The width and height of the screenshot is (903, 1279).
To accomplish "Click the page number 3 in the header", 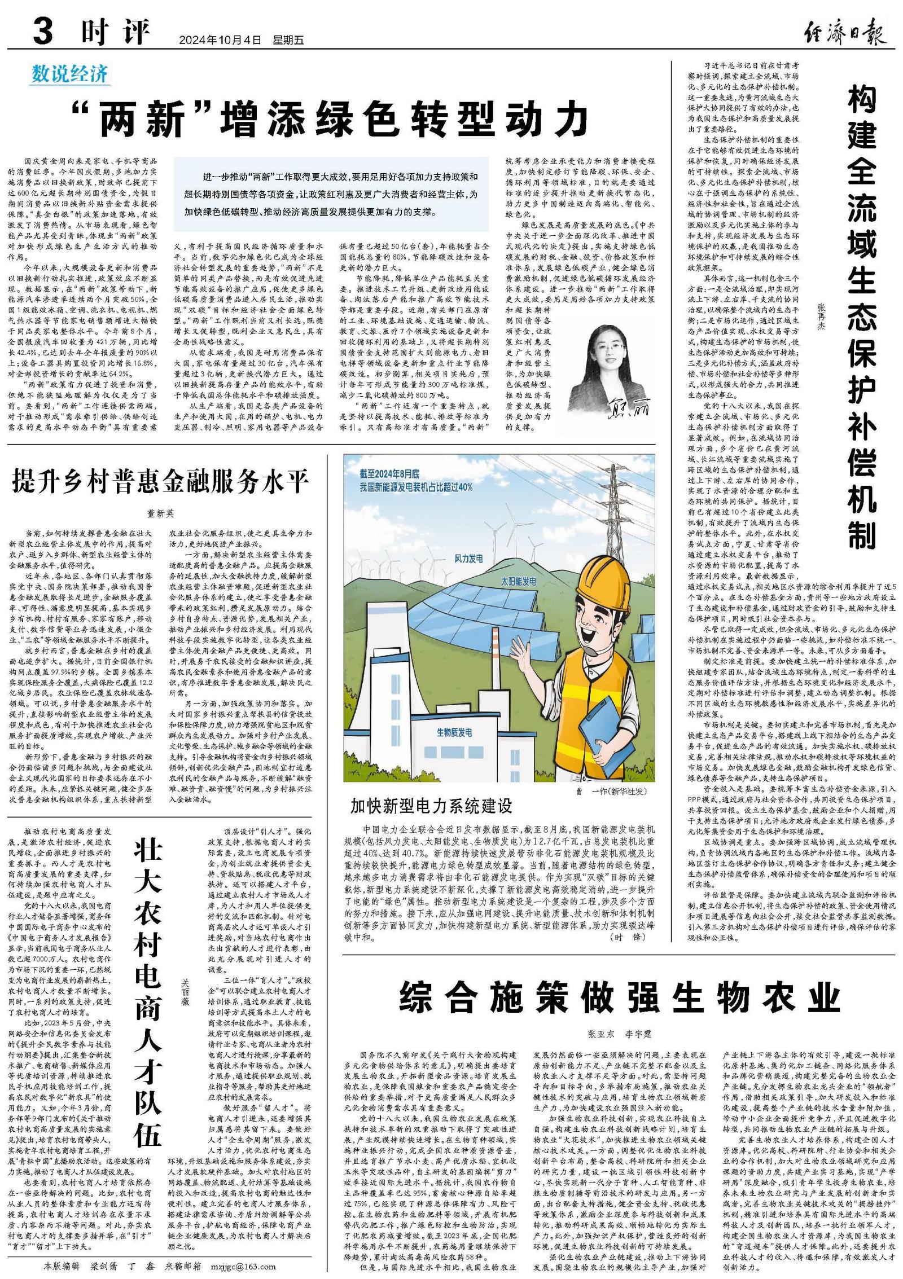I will tap(43, 31).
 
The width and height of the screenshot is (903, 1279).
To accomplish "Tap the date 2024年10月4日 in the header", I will tap(221, 41).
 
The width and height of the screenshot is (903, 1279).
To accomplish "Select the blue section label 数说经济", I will tap(70, 74).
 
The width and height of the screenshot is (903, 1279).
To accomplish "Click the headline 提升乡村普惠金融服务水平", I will tap(161, 482).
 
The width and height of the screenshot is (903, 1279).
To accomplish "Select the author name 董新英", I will tap(161, 514).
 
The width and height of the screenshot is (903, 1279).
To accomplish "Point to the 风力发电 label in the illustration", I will tap(468, 559).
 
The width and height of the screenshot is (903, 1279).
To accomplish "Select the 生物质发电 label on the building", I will tap(454, 732).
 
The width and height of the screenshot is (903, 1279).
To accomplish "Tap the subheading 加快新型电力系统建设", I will tap(431, 806).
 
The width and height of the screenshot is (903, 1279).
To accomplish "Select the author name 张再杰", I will tap(821, 317).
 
